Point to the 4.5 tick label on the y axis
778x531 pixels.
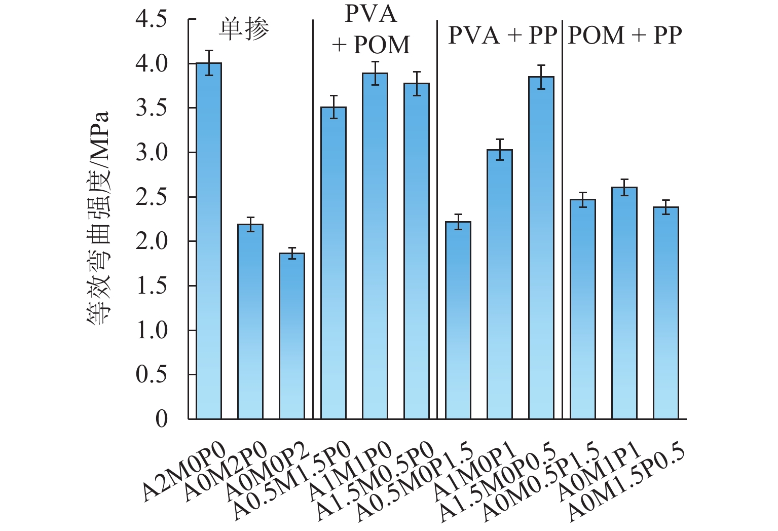click(151, 20)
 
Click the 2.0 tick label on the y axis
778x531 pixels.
click(151, 241)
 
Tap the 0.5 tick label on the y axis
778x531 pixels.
click(151, 375)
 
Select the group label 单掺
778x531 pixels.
click(244, 30)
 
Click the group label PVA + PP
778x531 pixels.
click(502, 36)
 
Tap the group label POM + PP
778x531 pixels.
click(625, 36)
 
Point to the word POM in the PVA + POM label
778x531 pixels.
click(382, 45)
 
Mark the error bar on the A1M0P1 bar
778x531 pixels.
click(500, 150)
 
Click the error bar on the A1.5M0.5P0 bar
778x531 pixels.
click(417, 83)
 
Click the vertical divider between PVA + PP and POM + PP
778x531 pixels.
click(562, 218)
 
